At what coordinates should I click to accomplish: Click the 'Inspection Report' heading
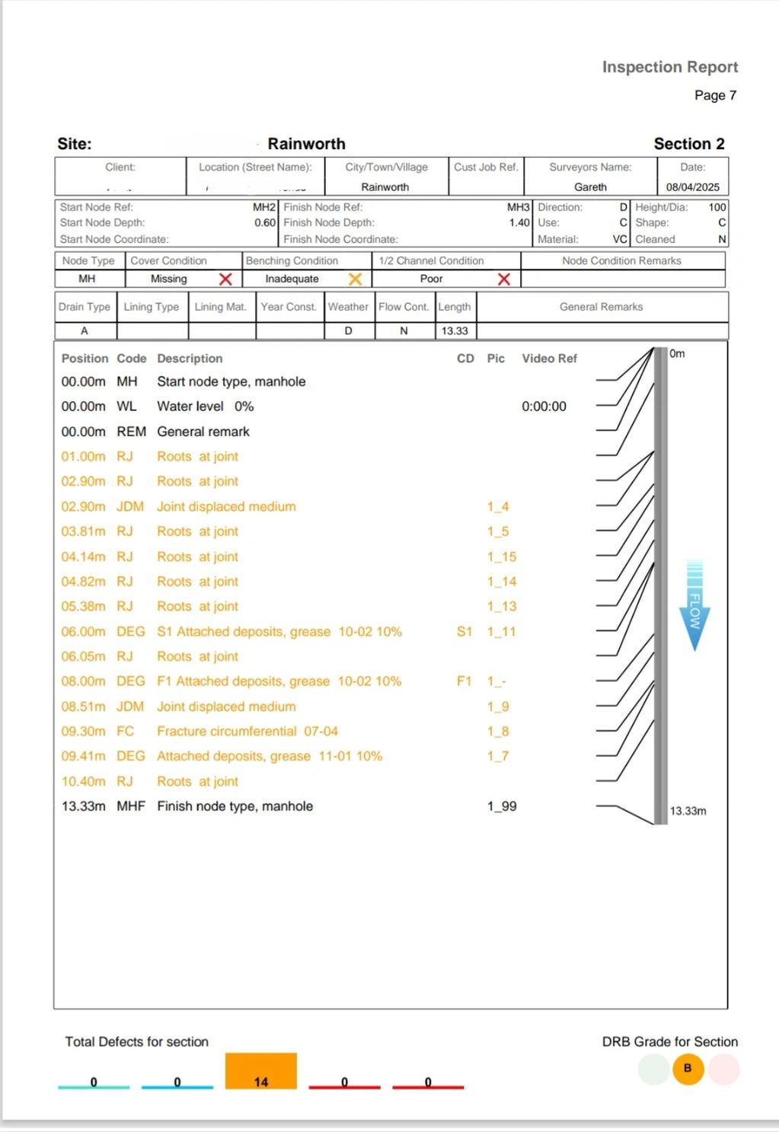coord(669,67)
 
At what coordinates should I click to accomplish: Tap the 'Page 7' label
coord(714,95)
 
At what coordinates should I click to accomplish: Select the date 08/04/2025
coord(692,187)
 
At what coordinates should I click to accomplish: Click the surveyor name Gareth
coord(590,187)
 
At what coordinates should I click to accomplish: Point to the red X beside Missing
coord(225,279)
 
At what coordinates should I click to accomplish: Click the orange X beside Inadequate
coord(355,279)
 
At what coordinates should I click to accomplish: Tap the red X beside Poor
coord(503,279)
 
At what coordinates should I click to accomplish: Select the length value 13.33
coord(455,331)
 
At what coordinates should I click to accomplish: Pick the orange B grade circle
coord(688,1069)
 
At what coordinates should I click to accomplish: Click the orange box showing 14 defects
coord(260,1071)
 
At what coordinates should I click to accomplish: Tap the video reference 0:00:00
coord(544,407)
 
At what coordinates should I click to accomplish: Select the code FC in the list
coord(125,732)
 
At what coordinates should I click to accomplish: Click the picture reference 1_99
coord(502,806)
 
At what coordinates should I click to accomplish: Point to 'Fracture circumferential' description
coord(227,732)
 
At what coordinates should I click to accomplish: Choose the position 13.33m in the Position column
coord(83,806)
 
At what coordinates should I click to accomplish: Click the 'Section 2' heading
coord(688,144)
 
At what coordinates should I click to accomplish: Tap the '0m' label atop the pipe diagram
coord(677,354)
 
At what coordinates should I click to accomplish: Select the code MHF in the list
coord(130,806)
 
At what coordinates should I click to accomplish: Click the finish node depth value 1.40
coord(519,223)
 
